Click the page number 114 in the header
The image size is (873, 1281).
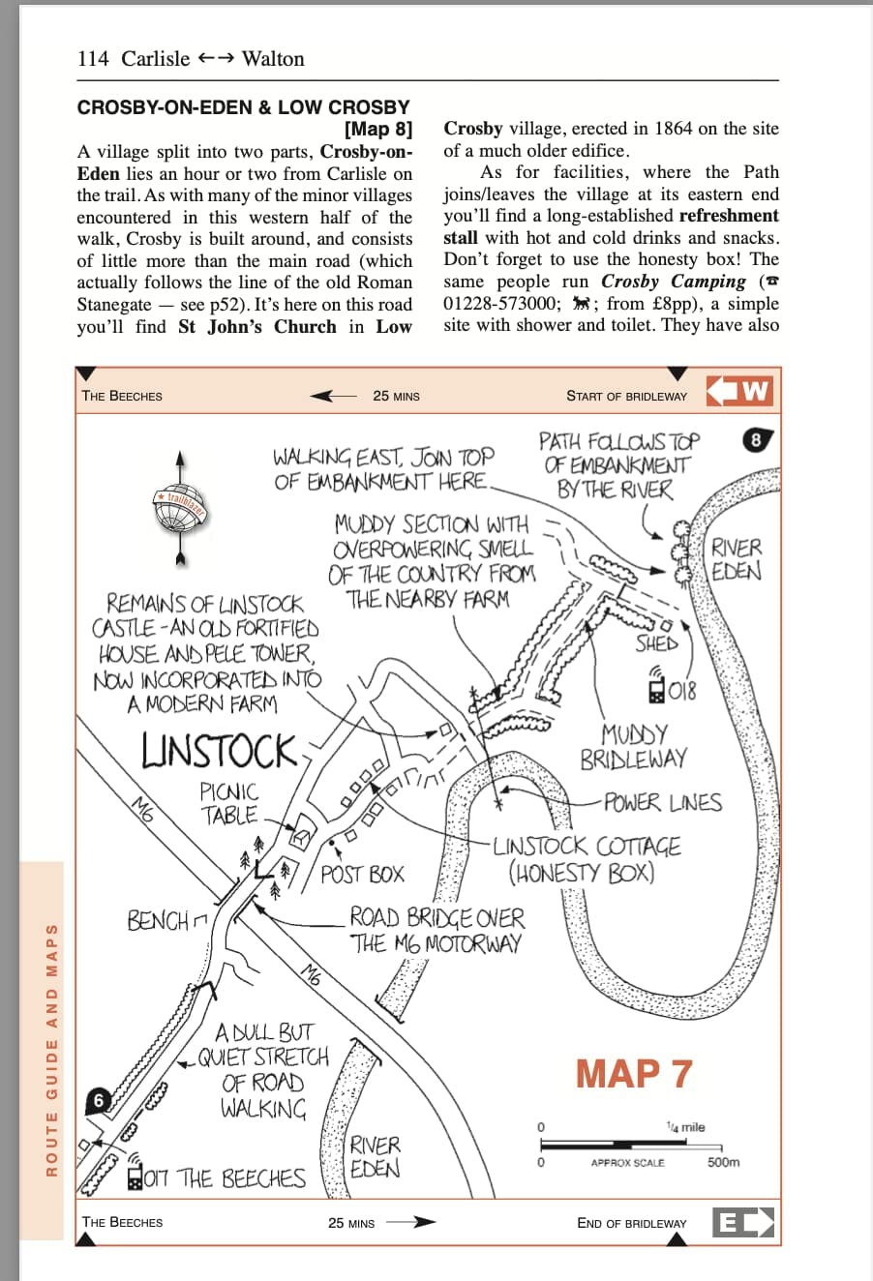pyautogui.click(x=93, y=59)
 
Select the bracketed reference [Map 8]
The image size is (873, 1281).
pyautogui.click(x=378, y=129)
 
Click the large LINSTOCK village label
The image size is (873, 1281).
pyautogui.click(x=220, y=752)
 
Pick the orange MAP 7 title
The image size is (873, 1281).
pyautogui.click(x=634, y=1074)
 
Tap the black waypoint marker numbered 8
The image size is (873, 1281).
pyautogui.click(x=757, y=440)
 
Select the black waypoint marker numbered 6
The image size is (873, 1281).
pyautogui.click(x=99, y=1100)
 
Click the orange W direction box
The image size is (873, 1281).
pyautogui.click(x=741, y=392)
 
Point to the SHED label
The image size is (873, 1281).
pyautogui.click(x=656, y=643)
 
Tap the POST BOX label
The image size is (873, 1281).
pyautogui.click(x=362, y=875)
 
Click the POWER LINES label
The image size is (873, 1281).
pyautogui.click(x=663, y=803)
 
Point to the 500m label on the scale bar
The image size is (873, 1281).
pyautogui.click(x=723, y=1162)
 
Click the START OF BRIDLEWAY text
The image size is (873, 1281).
pyautogui.click(x=626, y=396)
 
